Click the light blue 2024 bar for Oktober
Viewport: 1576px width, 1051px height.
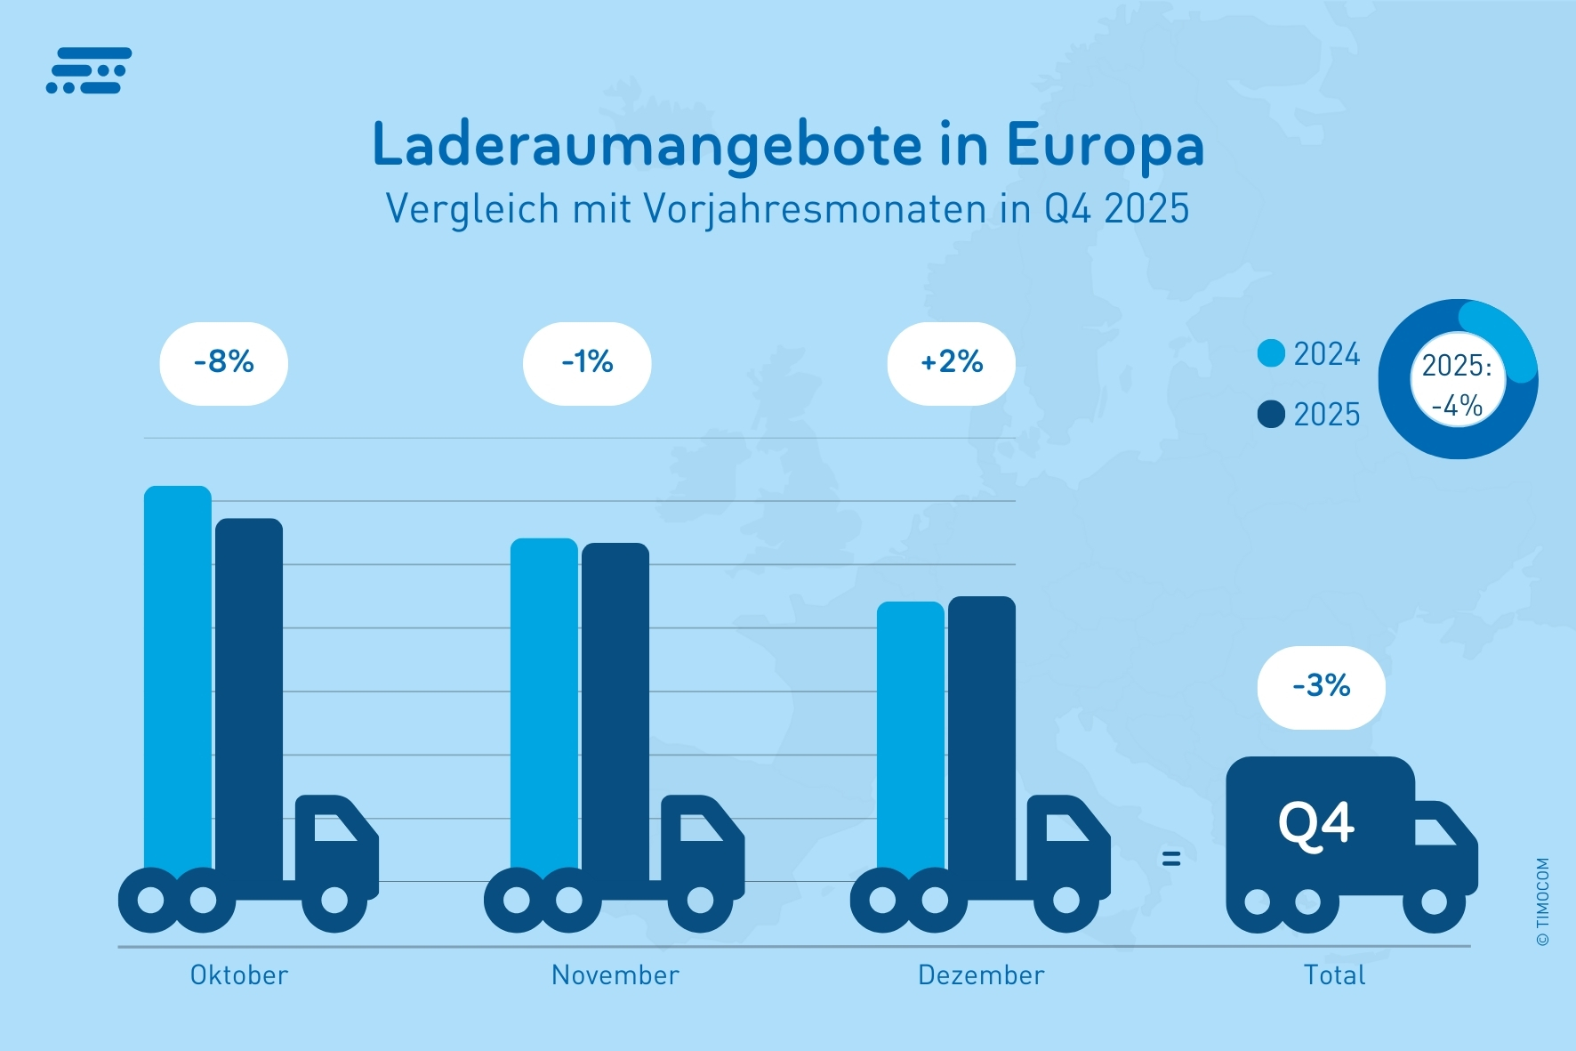178,676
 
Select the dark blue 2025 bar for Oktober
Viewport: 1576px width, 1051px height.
249,694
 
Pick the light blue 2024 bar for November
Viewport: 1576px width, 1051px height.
544,703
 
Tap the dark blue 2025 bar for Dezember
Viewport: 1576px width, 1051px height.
982,730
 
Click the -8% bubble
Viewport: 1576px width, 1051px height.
224,363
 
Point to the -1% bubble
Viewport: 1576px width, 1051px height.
587,363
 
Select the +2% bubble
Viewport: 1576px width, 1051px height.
951,363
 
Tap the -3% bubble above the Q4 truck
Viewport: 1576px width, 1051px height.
1321,686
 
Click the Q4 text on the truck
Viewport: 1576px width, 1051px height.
1316,824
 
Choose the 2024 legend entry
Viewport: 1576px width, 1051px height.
1309,354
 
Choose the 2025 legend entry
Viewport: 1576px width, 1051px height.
1309,415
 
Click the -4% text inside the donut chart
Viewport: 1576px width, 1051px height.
1457,406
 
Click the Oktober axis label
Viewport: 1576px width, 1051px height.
239,975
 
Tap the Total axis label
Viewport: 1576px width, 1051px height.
1334,975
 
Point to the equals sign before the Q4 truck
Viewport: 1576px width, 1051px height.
1171,858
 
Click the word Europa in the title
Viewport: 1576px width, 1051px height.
1105,145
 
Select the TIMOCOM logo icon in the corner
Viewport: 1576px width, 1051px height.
89,70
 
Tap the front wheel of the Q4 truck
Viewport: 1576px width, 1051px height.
1434,901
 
